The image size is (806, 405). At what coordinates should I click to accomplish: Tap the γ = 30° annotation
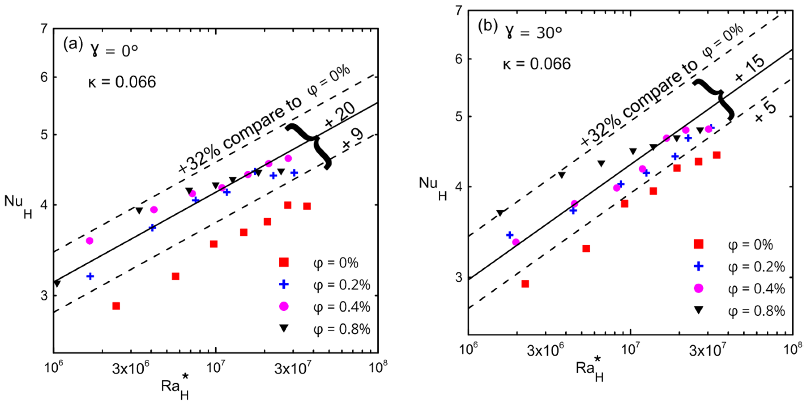(x=534, y=32)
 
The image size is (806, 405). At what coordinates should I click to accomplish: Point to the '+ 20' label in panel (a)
(x=340, y=115)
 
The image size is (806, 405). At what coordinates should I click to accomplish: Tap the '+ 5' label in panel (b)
(x=766, y=112)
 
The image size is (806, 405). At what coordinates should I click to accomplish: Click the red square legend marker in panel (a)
(x=284, y=262)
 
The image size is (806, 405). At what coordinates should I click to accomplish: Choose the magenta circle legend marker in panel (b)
(x=699, y=288)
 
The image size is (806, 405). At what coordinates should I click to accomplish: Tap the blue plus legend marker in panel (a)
(x=284, y=284)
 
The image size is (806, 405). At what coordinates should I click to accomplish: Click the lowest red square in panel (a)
(x=116, y=306)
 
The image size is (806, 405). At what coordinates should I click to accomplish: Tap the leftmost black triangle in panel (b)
(x=500, y=213)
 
